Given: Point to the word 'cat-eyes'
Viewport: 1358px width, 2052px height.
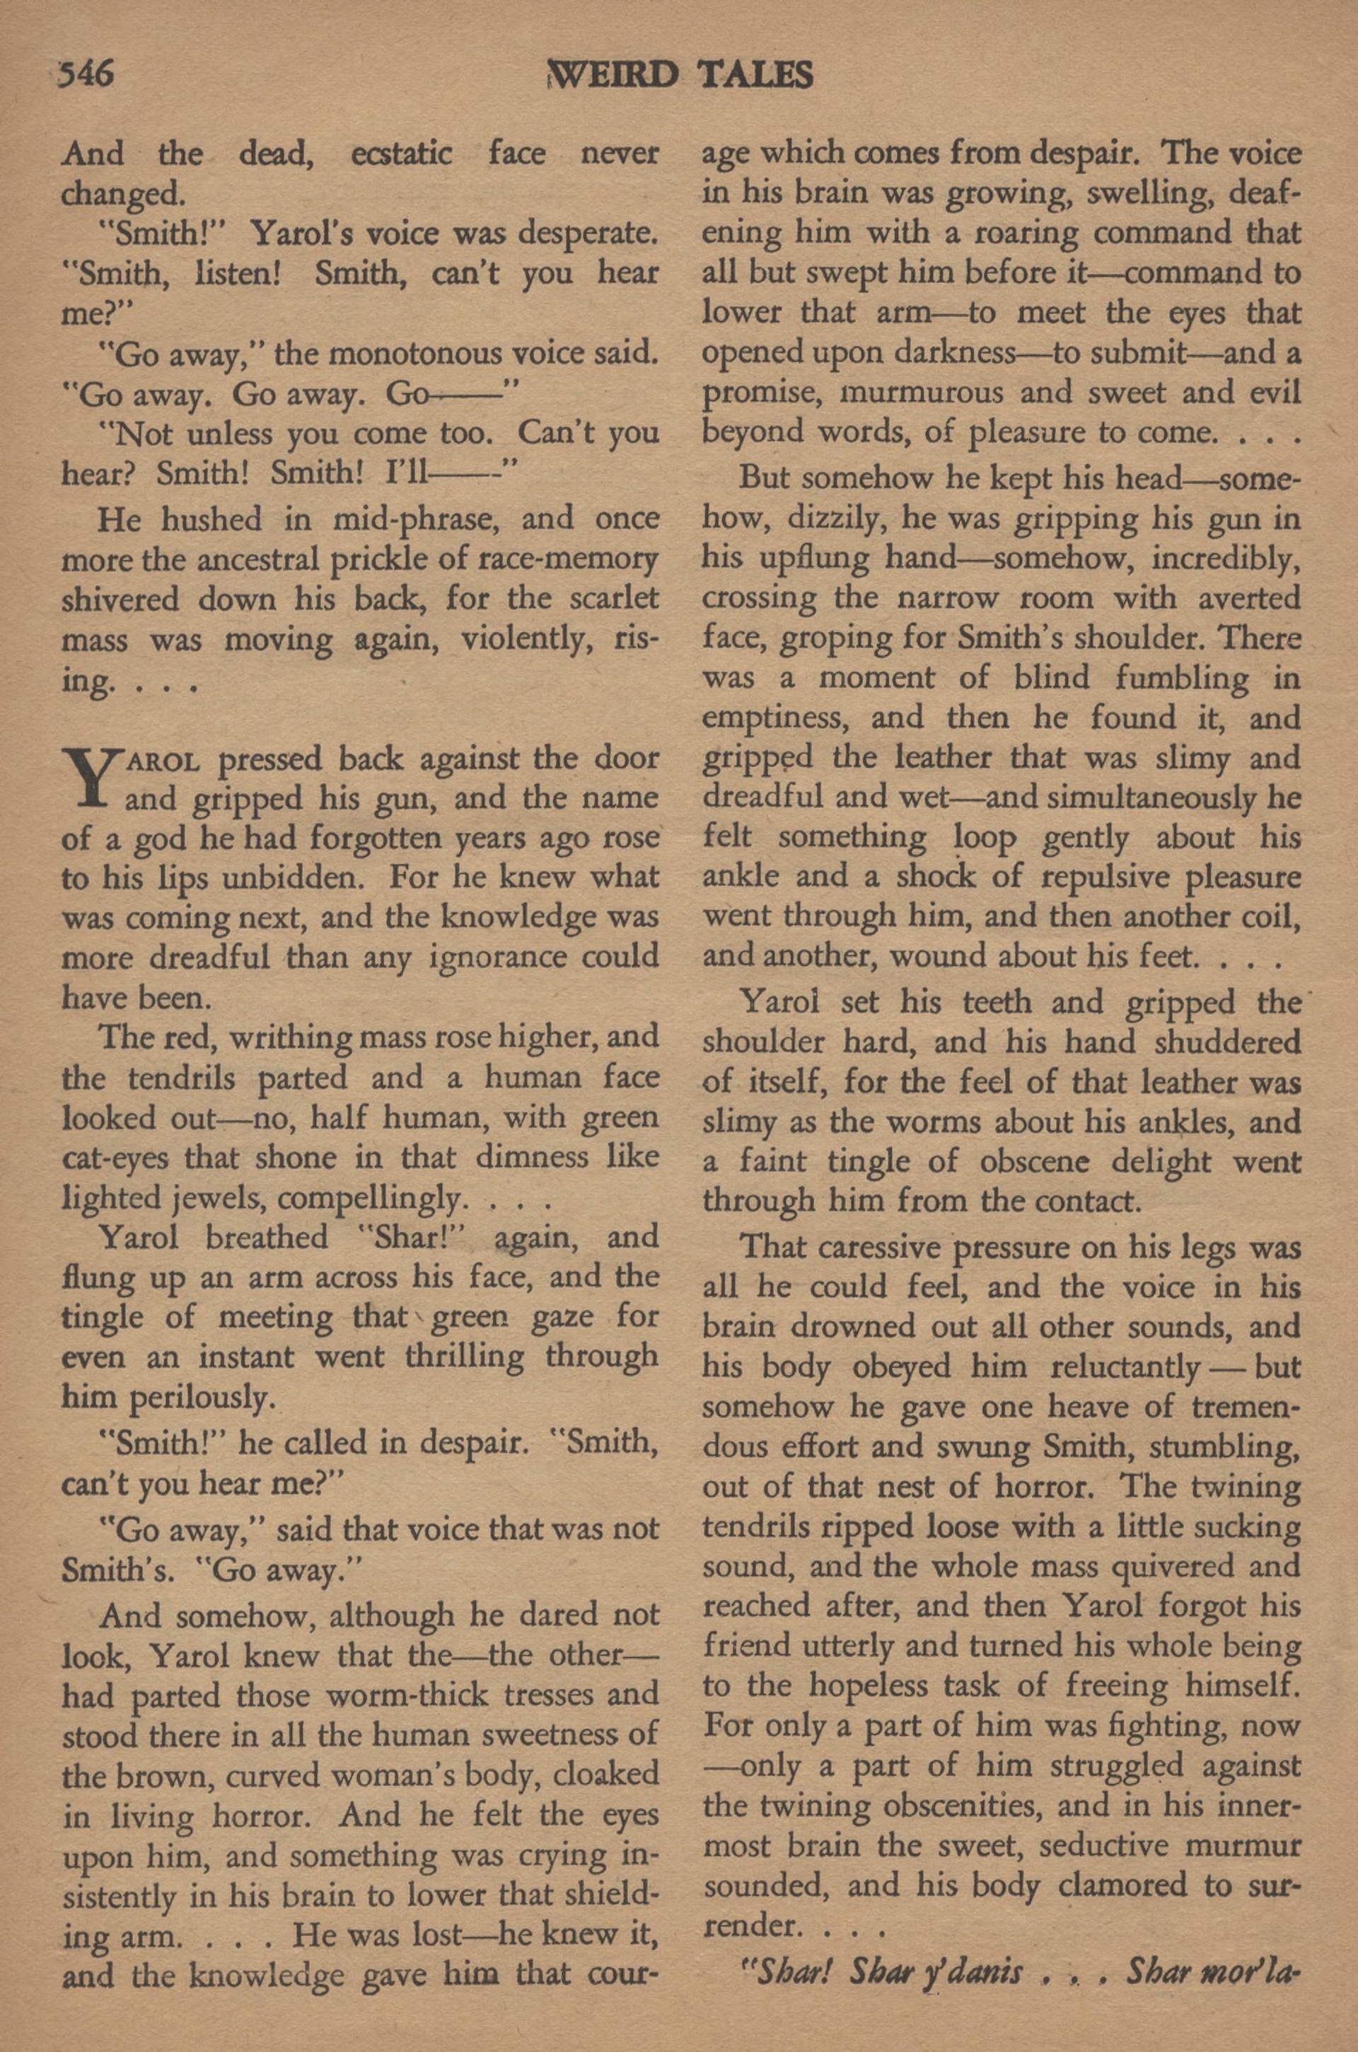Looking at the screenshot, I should click(116, 1158).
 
